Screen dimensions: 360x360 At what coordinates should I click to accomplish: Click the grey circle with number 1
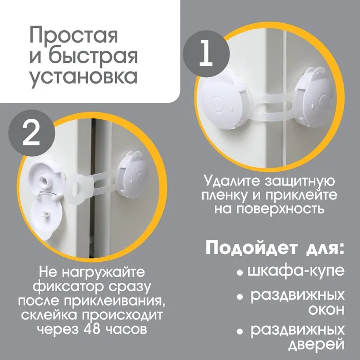pos(206,54)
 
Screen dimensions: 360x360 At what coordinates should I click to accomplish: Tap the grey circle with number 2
pos(32,133)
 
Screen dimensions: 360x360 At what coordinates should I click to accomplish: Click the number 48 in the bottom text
pos(92,329)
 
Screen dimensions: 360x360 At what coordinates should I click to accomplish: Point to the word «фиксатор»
pos(69,286)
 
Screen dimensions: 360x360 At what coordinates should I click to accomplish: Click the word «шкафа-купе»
pos(296,272)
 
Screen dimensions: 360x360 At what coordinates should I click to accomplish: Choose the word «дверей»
pos(316,345)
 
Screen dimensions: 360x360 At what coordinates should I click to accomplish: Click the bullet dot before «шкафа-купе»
pos(240,273)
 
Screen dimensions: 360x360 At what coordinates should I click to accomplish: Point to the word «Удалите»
pos(232,182)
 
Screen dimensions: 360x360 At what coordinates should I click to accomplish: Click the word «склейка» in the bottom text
pos(49,315)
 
